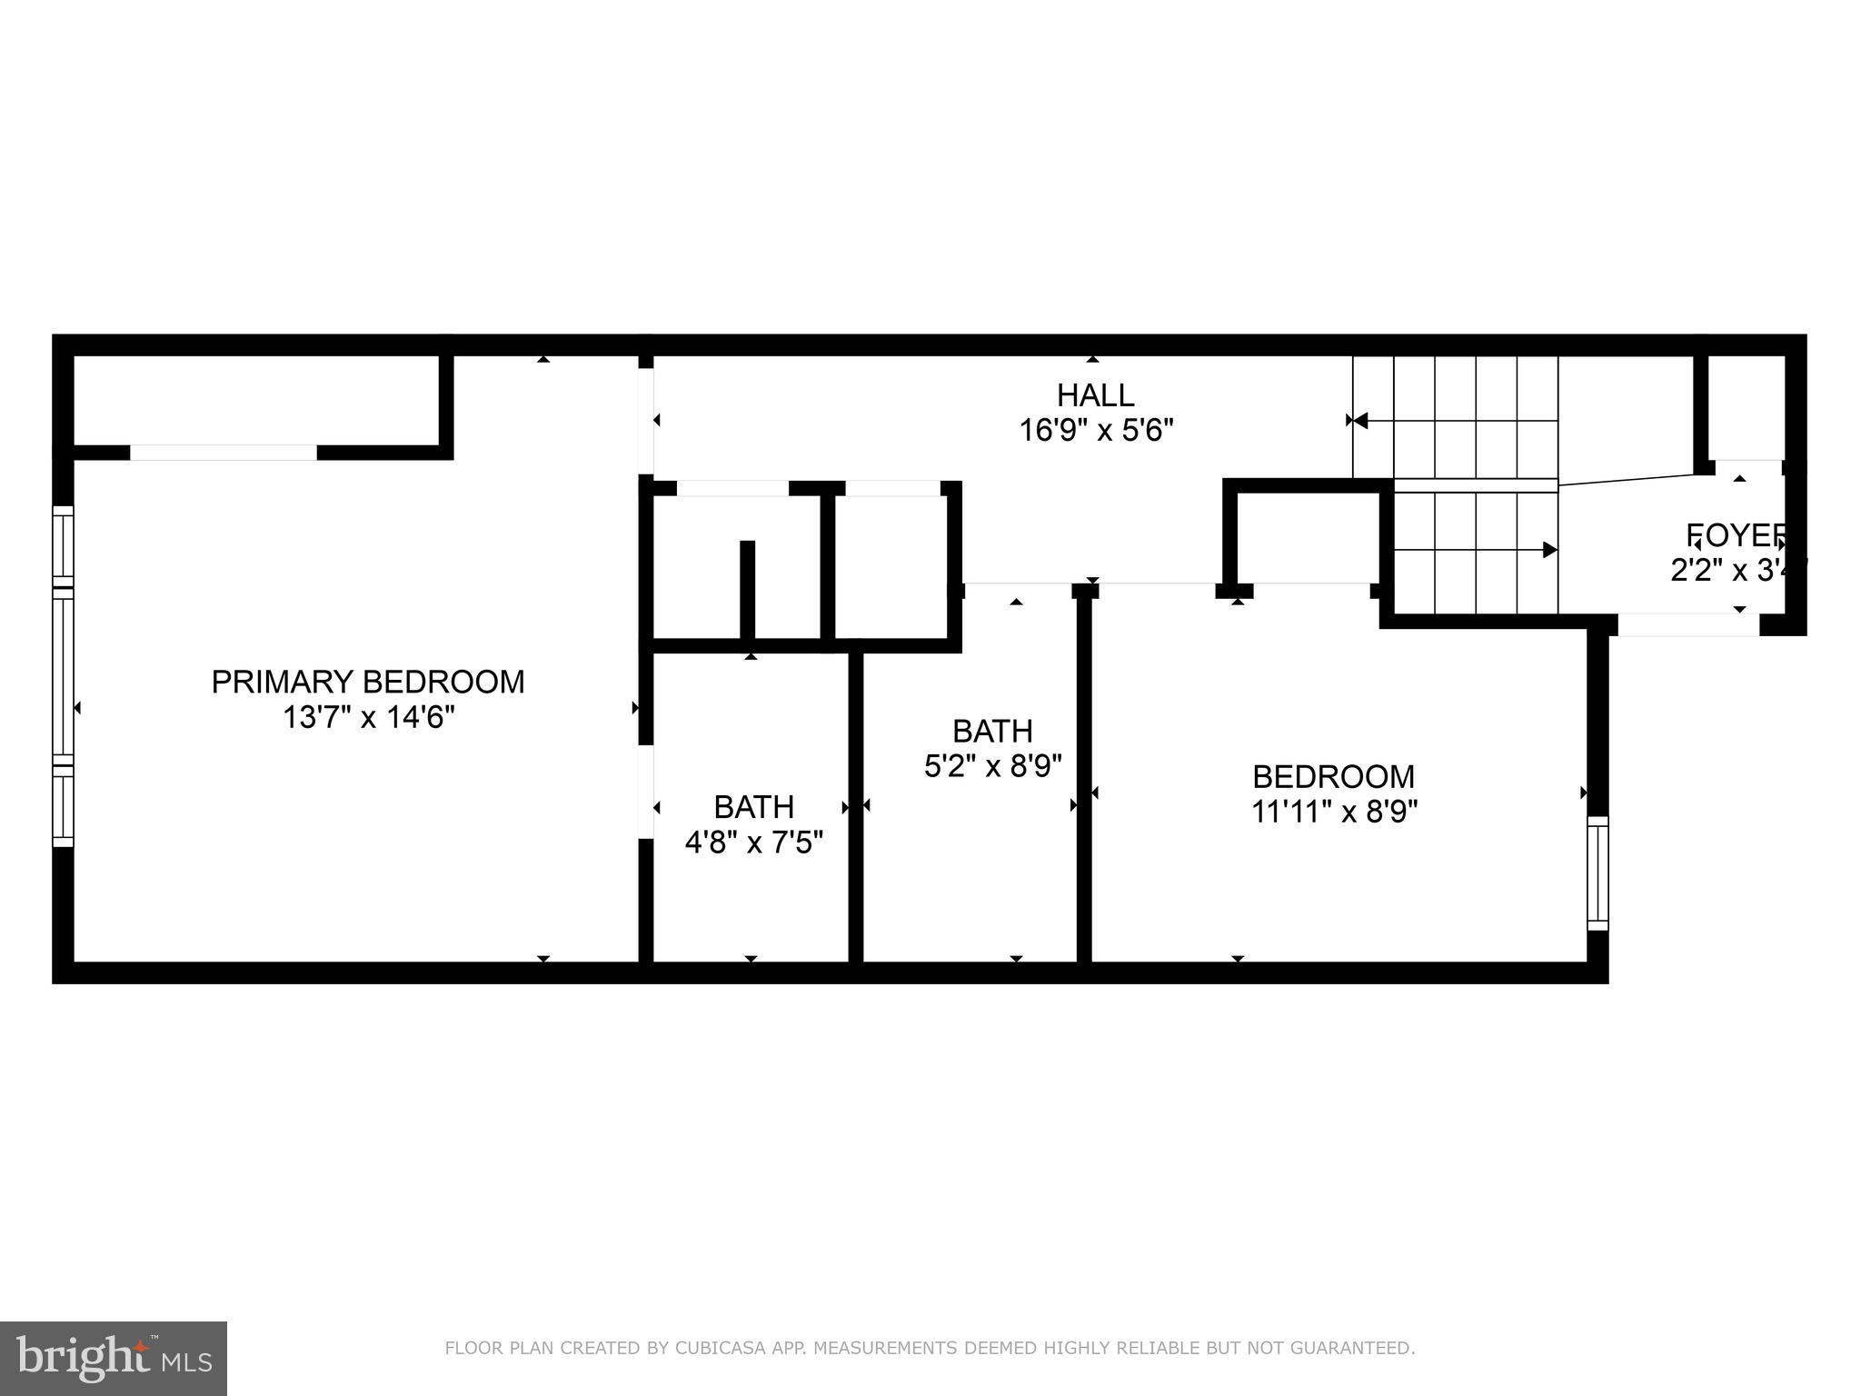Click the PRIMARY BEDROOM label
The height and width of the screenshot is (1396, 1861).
tap(368, 682)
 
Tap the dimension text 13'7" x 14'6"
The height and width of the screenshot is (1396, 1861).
tap(368, 718)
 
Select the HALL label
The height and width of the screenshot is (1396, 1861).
tap(1095, 395)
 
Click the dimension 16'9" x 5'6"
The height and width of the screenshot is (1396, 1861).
tap(1096, 430)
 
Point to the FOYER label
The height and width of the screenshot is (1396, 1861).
tap(1736, 535)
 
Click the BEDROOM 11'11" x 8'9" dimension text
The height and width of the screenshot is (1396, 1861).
tap(1334, 811)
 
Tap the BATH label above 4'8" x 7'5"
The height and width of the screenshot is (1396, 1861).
tap(753, 807)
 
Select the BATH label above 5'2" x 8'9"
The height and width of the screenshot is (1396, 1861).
tap(992, 731)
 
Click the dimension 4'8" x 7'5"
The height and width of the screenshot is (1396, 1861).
tap(753, 843)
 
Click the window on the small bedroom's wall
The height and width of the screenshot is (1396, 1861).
tap(1597, 873)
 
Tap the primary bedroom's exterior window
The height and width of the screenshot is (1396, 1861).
tap(63, 676)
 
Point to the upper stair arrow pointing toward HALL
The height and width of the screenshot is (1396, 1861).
tap(1358, 420)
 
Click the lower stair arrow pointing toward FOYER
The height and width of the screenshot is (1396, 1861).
tap(1548, 550)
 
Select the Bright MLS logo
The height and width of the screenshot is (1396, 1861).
tap(114, 1359)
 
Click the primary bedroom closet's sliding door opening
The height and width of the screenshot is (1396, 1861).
tap(224, 453)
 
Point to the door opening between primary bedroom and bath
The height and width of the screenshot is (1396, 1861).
tap(646, 791)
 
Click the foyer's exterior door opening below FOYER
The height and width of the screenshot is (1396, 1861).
tap(1688, 625)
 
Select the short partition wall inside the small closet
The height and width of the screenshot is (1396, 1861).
tap(747, 591)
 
